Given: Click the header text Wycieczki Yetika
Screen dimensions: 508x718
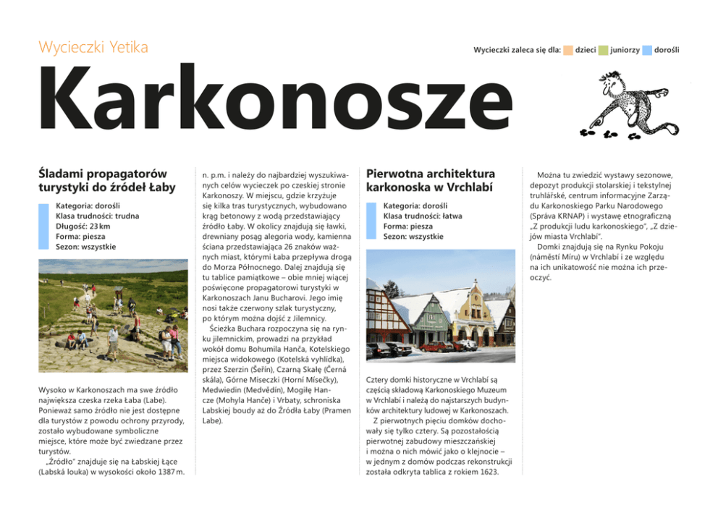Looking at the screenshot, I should pos(93,48).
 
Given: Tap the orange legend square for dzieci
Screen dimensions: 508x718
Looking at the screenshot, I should pos(568,50).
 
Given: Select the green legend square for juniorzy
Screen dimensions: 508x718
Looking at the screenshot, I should pos(603,50).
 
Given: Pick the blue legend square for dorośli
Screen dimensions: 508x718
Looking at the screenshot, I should pos(647,50).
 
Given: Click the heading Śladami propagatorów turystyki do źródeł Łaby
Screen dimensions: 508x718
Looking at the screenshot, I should pos(103,181).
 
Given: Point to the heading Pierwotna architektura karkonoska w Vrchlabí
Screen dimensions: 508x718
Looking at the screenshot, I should pos(431,181).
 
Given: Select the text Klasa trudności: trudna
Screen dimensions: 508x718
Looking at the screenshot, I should pos(97,216).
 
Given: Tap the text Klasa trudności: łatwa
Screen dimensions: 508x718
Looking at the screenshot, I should pos(423,216).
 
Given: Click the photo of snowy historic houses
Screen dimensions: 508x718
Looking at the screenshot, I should pos(440,306).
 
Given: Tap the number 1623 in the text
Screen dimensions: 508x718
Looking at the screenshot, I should pos(488,473).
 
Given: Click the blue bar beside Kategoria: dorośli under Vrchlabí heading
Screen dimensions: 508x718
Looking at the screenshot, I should pos(371,221).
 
